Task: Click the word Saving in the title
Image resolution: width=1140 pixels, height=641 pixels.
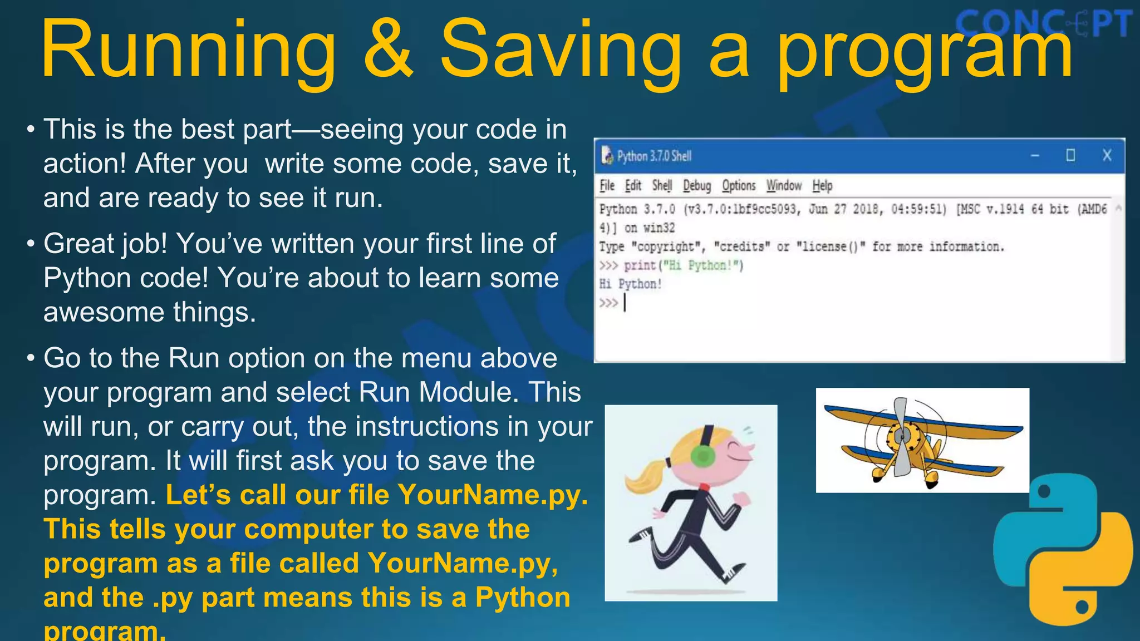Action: click(560, 50)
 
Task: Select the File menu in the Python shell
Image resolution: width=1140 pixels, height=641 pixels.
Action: click(607, 186)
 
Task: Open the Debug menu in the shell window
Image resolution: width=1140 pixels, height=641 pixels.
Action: click(697, 186)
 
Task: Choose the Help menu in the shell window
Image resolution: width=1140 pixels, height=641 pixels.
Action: click(822, 186)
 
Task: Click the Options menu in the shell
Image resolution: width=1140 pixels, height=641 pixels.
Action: click(739, 186)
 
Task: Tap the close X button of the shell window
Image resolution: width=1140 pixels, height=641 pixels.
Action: click(1107, 156)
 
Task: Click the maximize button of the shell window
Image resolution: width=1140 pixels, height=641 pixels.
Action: click(1070, 156)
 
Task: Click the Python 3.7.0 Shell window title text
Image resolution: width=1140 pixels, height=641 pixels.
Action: click(654, 156)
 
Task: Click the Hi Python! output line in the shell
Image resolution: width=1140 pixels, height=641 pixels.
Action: click(630, 284)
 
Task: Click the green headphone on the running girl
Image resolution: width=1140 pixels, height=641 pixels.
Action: click(702, 456)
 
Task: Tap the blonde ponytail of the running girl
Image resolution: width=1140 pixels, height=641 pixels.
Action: click(646, 476)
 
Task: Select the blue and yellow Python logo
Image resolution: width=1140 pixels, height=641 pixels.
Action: click(1062, 548)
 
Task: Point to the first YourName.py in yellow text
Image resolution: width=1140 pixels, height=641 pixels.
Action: click(493, 495)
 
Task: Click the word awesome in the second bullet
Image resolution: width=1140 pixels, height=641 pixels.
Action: click(103, 312)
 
